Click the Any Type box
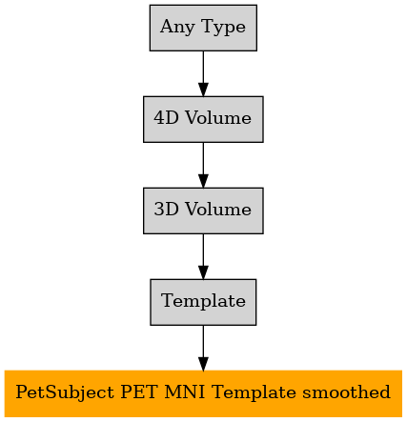click(x=203, y=28)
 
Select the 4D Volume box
click(x=203, y=119)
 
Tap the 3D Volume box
click(x=203, y=211)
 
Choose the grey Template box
click(x=203, y=302)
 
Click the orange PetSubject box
click(x=203, y=393)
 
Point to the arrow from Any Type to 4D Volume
click(x=203, y=73)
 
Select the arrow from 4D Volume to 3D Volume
click(x=203, y=165)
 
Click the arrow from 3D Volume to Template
click(x=203, y=256)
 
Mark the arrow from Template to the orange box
click(x=203, y=348)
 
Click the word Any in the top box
click(x=177, y=28)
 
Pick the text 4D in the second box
click(x=167, y=118)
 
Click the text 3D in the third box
click(x=167, y=210)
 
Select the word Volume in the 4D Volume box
click(x=218, y=118)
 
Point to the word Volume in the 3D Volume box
click(x=218, y=210)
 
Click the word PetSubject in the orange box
click(x=65, y=392)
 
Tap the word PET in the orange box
click(x=138, y=392)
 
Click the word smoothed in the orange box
click(x=346, y=392)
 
